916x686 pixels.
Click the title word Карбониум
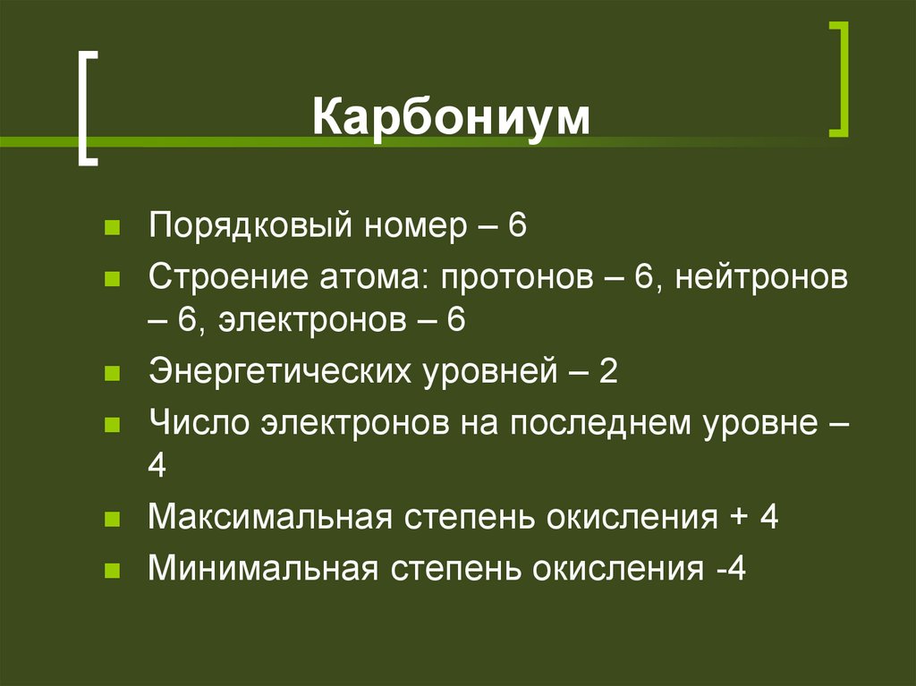tap(451, 118)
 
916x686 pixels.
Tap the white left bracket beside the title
tap(85, 107)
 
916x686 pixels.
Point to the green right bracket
tap(838, 80)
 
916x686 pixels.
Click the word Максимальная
tap(272, 517)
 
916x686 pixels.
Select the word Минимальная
tap(261, 568)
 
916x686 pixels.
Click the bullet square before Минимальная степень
tap(112, 569)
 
